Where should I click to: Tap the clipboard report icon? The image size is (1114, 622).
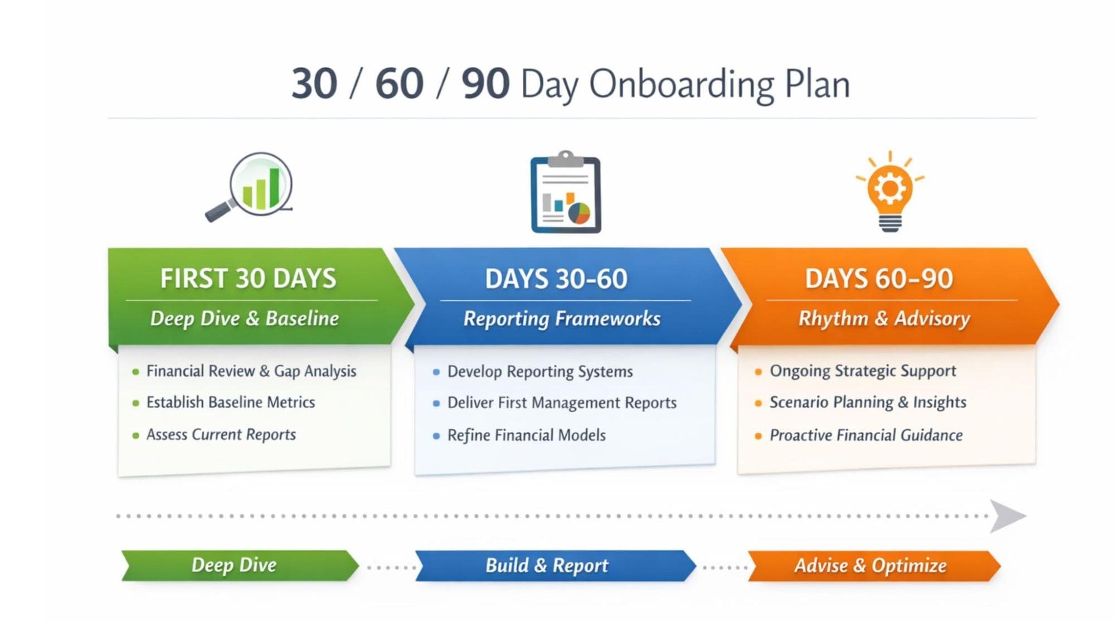pyautogui.click(x=566, y=193)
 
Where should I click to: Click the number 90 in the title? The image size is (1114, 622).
pyautogui.click(x=485, y=84)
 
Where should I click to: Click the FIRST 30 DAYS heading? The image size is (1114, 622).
pyautogui.click(x=248, y=278)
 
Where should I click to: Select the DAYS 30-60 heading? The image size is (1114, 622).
pyautogui.click(x=556, y=279)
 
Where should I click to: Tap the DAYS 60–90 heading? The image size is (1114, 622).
pyautogui.click(x=879, y=279)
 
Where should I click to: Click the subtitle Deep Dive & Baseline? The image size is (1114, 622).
pyautogui.click(x=245, y=318)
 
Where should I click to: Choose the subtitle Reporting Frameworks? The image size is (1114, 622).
pyautogui.click(x=562, y=318)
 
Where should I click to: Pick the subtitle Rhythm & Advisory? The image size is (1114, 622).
pyautogui.click(x=884, y=318)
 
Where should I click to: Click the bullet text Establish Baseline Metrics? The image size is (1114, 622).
pyautogui.click(x=230, y=402)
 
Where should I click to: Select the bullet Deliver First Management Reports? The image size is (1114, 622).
pyautogui.click(x=562, y=403)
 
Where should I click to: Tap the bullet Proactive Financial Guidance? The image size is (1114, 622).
pyautogui.click(x=866, y=435)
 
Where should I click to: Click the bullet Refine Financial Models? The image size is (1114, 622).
pyautogui.click(x=526, y=435)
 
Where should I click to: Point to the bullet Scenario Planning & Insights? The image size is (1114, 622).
pyautogui.click(x=868, y=402)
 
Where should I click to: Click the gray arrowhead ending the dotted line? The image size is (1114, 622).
pyautogui.click(x=1006, y=516)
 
